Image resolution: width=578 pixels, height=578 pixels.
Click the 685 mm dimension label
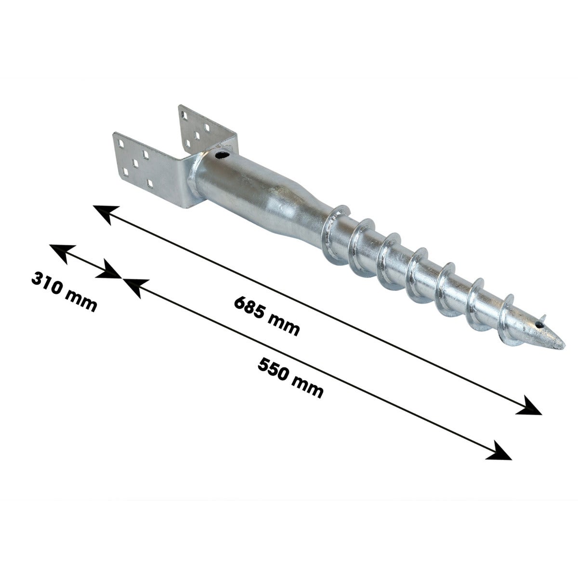coord(267,316)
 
